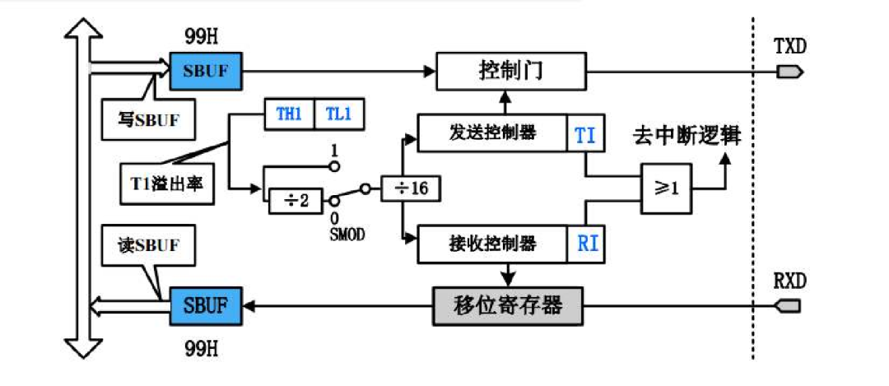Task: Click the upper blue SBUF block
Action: pos(206,72)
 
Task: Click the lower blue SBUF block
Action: pos(206,306)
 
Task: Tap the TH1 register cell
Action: pos(289,115)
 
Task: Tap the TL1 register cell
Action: pos(338,115)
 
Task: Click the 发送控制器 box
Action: pos(493,133)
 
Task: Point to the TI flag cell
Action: pos(585,134)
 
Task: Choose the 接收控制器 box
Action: pos(493,244)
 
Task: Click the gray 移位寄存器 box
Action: pos(507,306)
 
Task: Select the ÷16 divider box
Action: pos(410,188)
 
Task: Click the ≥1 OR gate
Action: pos(667,188)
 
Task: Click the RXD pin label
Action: pos(790,281)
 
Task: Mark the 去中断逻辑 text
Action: pos(687,137)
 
